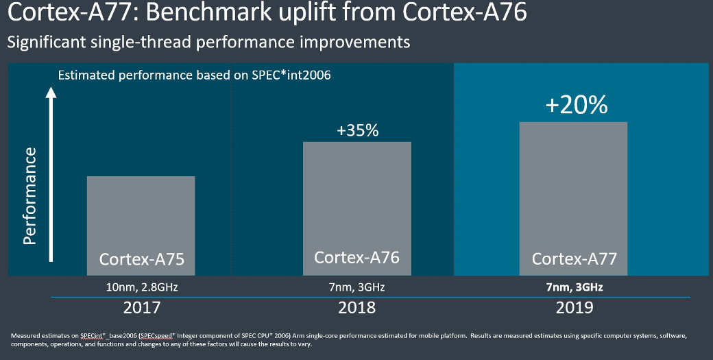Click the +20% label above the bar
coord(577,105)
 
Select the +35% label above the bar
coord(357,130)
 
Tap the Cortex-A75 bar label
coord(142,259)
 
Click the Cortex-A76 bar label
coord(356,257)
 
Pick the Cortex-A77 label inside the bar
coord(575,259)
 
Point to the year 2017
coord(142,308)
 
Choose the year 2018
coord(357,308)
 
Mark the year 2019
coord(575,308)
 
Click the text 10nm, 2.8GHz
coord(142,286)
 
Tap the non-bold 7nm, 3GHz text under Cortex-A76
coord(357,286)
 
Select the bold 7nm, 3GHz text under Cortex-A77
coord(575,286)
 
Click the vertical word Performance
coord(29,195)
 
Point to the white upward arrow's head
coord(50,91)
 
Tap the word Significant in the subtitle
coord(47,43)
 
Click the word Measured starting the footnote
coord(25,335)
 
